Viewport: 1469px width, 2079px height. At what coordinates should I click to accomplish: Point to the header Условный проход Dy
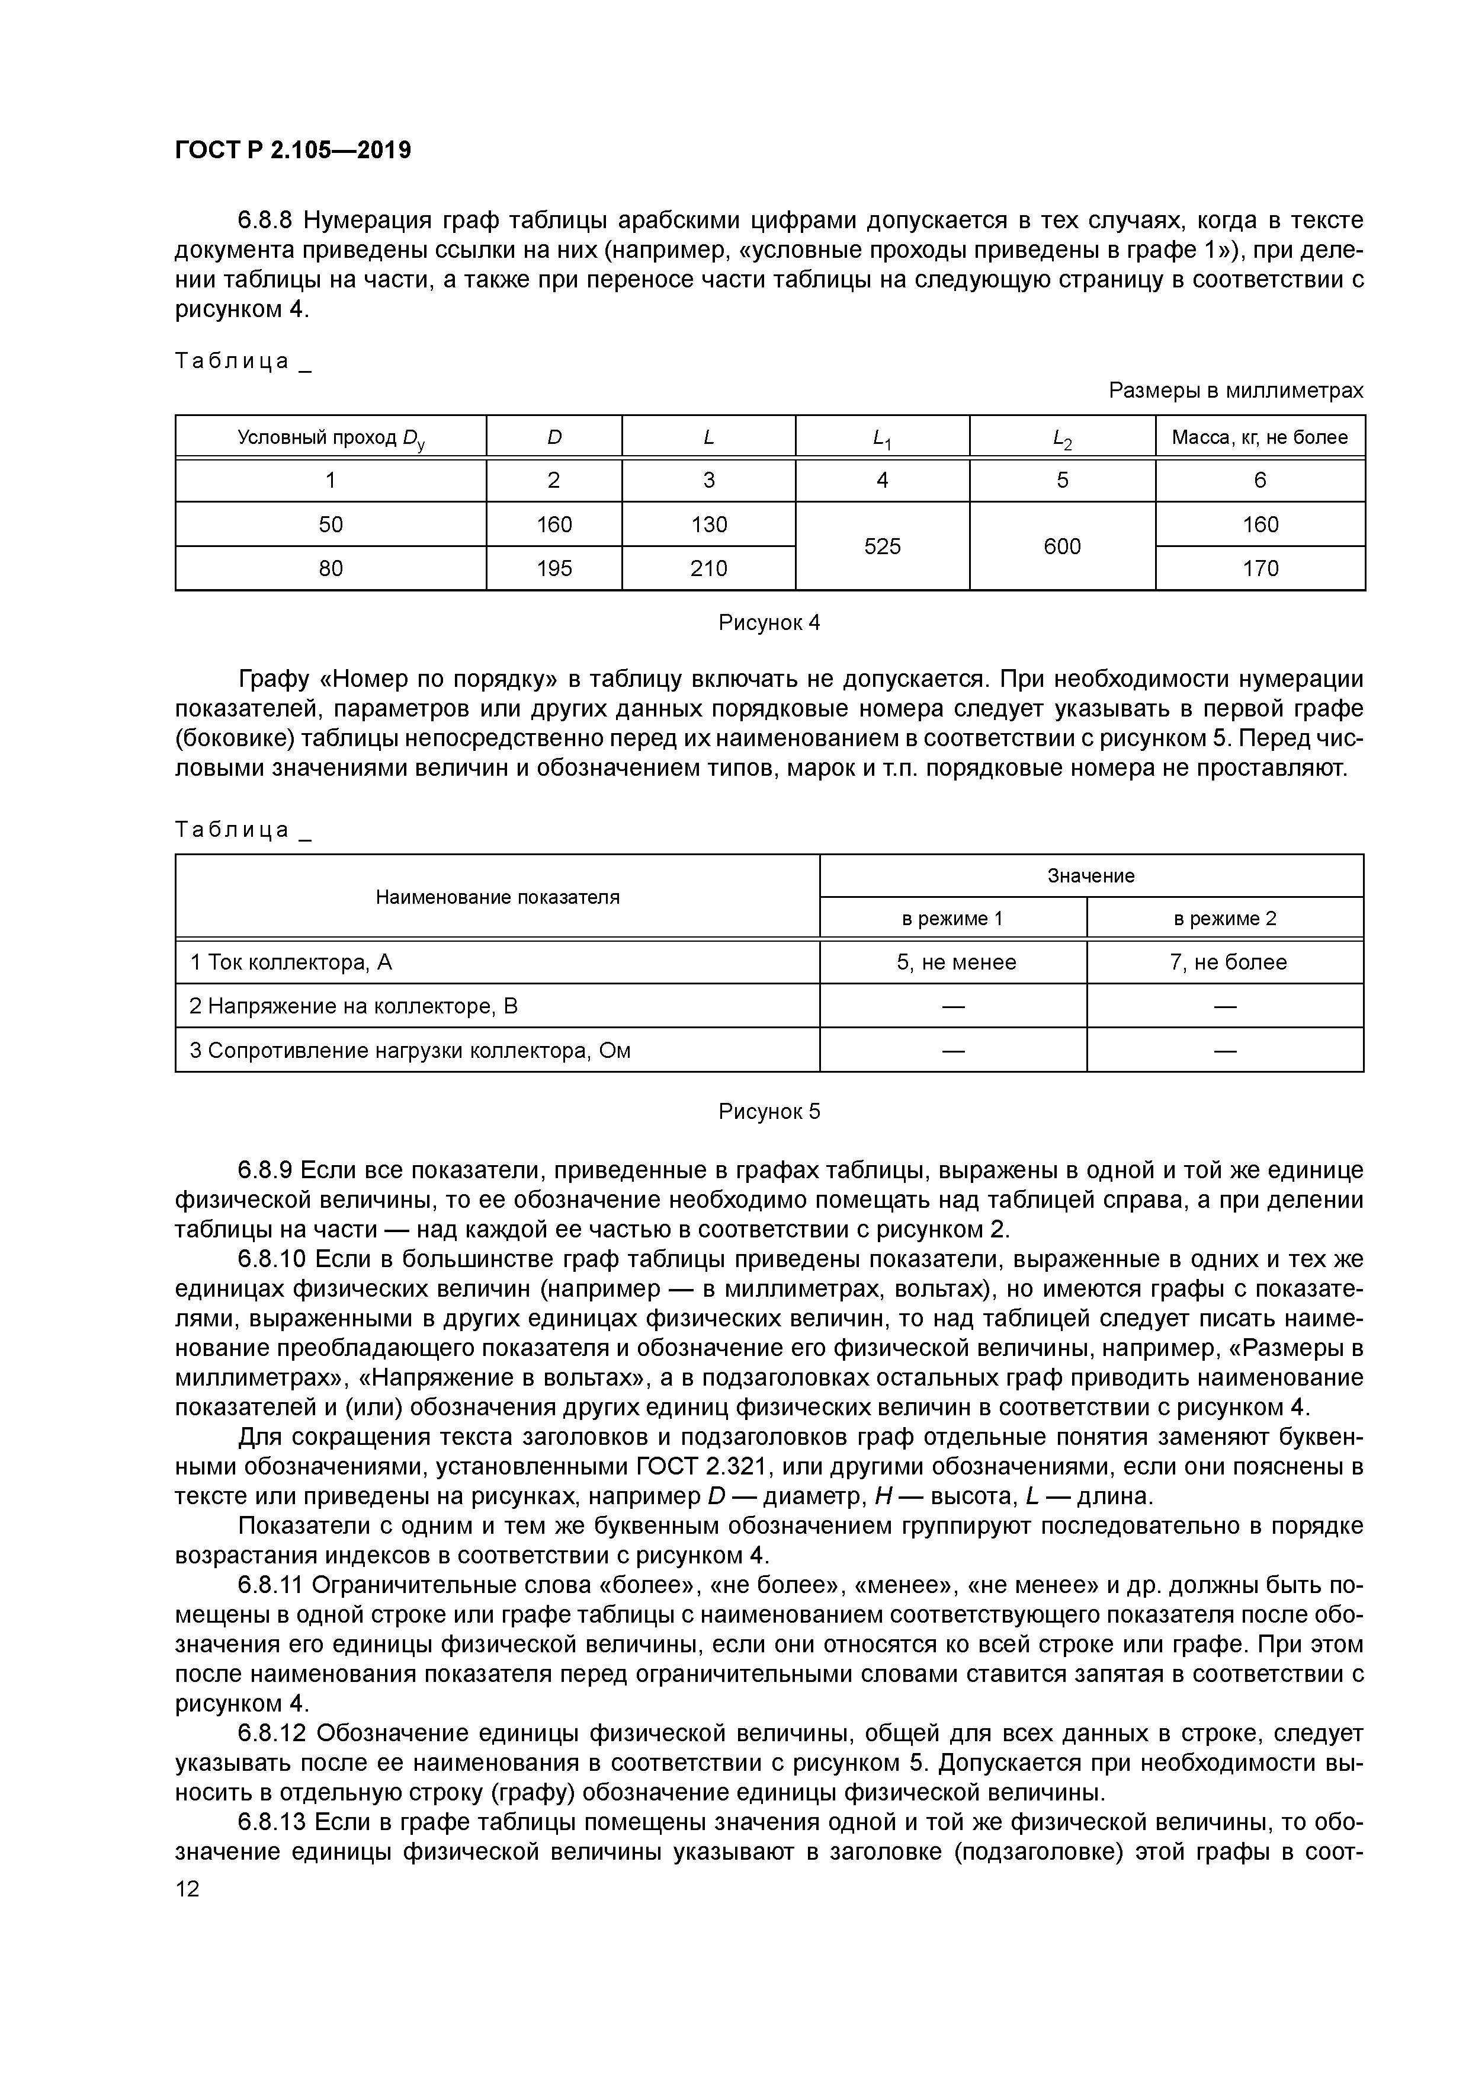point(331,438)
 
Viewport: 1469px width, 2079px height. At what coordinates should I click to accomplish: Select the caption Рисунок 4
point(768,623)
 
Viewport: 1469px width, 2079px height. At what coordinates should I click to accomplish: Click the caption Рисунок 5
point(768,1111)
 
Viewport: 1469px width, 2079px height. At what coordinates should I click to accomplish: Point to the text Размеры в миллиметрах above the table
point(1236,391)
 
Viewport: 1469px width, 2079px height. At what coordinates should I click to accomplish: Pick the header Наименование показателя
point(497,897)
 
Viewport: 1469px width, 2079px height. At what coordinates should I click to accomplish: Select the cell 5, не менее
point(956,962)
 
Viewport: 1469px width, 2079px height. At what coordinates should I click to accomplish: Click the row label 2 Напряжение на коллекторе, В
point(354,1006)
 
